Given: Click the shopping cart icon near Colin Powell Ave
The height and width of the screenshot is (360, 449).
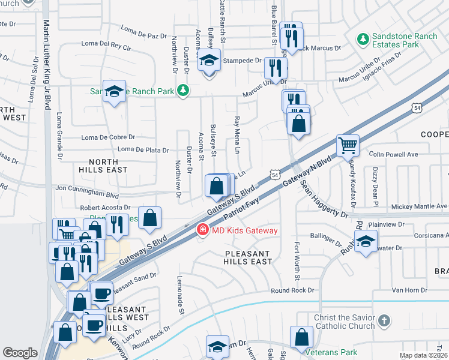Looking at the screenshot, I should click(348, 145).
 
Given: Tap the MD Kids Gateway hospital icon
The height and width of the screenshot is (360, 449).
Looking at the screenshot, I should click(202, 230).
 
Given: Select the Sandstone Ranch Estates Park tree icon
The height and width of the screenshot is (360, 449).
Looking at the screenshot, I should click(363, 40).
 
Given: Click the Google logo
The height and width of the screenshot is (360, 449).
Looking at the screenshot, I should click(20, 352).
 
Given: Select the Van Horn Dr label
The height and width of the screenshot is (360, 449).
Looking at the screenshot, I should click(409, 290).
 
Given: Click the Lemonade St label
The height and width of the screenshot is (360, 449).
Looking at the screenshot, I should click(180, 295).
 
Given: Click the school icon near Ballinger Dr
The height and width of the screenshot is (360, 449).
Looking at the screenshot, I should click(365, 242).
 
